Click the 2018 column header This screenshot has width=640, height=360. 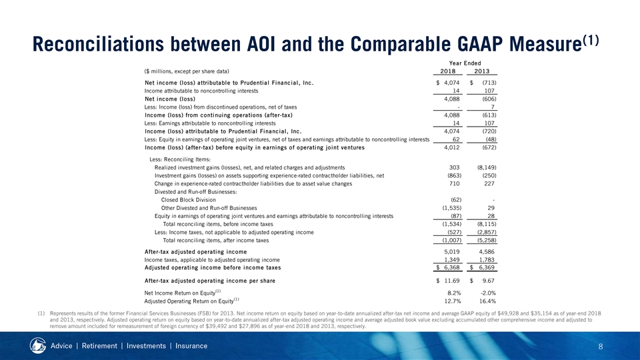pos(448,71)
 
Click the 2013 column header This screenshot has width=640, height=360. pos(482,71)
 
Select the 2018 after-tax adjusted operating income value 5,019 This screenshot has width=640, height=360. pos(452,252)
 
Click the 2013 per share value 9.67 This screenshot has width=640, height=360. pos(487,281)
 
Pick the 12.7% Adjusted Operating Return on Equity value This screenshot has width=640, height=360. pos(453,301)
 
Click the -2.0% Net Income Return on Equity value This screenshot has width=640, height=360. pos(487,293)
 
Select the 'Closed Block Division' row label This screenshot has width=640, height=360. pos(189,200)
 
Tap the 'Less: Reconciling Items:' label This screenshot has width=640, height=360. pos(180,159)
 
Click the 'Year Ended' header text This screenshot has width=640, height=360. pos(465,63)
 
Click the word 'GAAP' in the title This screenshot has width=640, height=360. pos(476,44)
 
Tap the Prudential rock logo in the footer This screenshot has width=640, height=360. pos(38,346)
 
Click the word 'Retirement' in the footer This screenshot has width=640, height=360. pos(99,346)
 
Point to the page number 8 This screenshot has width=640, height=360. pos(601,347)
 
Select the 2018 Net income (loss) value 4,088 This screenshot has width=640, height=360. pos(452,99)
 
